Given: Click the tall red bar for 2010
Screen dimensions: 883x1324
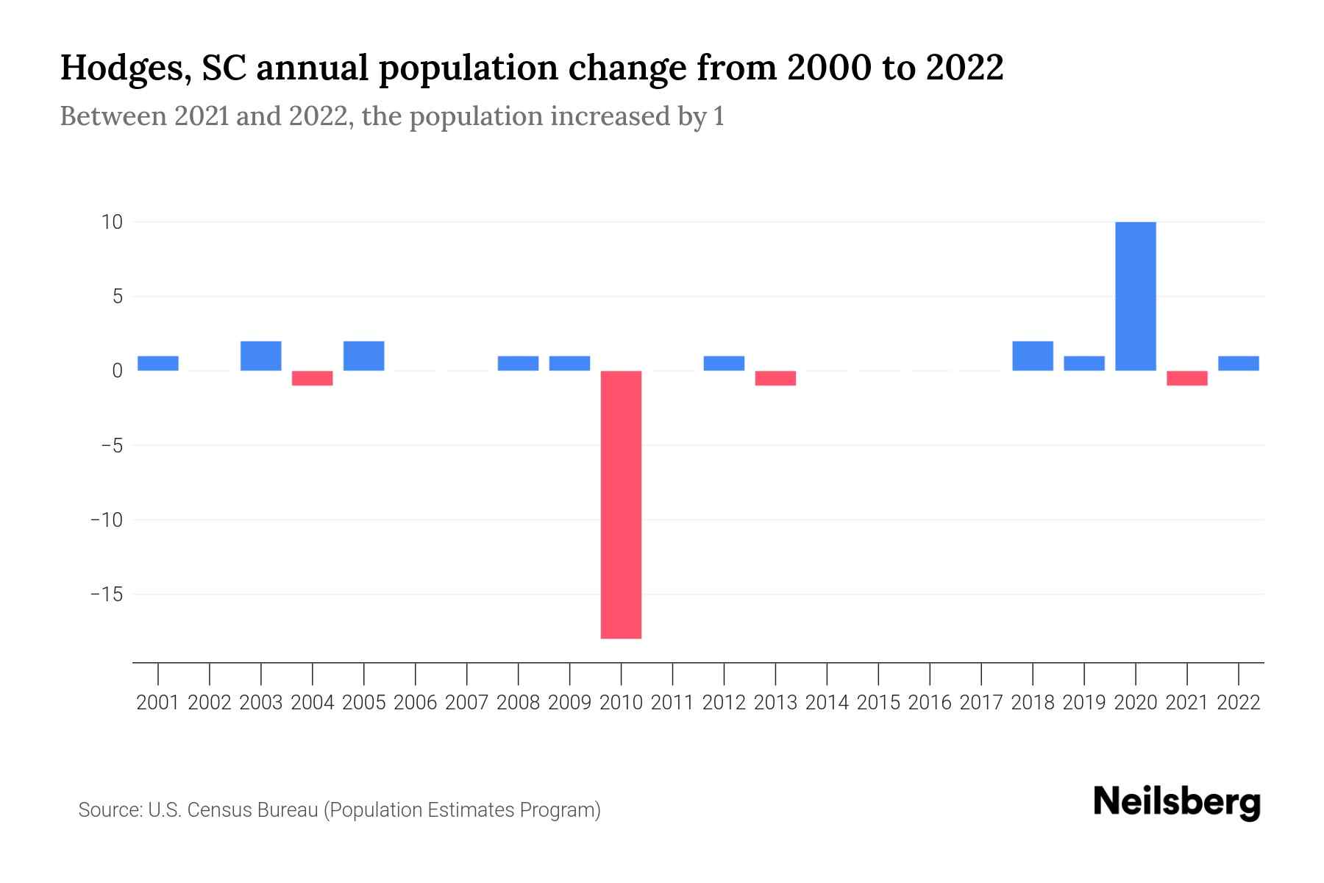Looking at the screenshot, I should tap(621, 504).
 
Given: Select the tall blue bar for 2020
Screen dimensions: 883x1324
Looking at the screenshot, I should tap(1135, 296).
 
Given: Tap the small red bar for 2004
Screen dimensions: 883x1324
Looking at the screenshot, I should tap(313, 378).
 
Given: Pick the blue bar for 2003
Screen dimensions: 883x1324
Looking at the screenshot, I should tap(261, 356).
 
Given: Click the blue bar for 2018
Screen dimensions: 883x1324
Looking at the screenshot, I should tap(1033, 356).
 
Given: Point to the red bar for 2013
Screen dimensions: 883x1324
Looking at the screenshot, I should tap(775, 378).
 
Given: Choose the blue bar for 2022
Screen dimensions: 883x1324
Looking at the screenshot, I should tap(1238, 364).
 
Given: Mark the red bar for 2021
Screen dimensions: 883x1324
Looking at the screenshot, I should tap(1186, 378).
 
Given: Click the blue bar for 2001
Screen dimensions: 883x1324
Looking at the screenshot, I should tap(158, 364).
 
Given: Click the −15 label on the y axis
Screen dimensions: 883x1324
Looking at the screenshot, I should tap(106, 594).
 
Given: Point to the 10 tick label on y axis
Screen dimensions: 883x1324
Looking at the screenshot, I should tap(112, 221).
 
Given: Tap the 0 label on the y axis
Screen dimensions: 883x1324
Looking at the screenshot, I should tap(116, 371).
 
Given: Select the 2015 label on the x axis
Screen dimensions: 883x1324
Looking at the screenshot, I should tap(878, 703).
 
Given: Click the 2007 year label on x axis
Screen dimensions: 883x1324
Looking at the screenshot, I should tap(466, 703).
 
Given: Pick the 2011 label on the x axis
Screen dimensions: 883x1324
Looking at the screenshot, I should tap(672, 703).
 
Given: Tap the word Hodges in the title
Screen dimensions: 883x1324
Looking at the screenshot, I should tap(122, 68).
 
